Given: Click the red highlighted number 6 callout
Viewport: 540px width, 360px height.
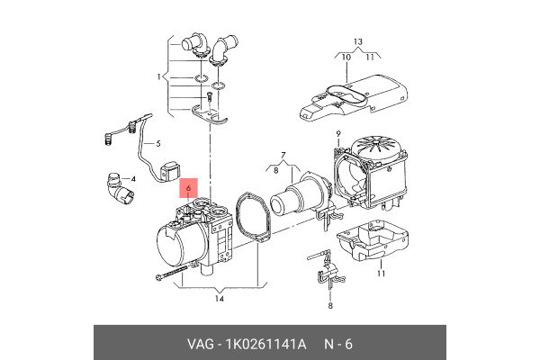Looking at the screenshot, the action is tap(188, 188).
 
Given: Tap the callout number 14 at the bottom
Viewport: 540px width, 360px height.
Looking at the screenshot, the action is tap(219, 299).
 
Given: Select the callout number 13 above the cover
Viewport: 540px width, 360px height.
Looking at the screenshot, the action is tap(358, 41).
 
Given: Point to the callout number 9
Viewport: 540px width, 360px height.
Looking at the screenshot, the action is tap(338, 134).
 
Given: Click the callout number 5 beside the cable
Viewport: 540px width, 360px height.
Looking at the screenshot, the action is tap(158, 143).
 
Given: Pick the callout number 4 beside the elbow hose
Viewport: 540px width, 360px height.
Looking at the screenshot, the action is tap(133, 179).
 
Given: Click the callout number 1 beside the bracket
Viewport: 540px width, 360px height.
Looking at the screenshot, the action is tap(158, 76).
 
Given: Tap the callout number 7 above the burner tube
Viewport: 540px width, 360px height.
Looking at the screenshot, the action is tap(283, 155).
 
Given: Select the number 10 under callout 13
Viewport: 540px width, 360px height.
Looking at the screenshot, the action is tap(346, 58).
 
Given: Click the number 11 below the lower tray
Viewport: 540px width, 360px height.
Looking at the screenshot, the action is tap(381, 274).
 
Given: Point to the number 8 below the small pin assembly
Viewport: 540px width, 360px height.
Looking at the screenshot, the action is tap(330, 306).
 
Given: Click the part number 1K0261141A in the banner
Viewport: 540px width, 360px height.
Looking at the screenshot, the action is tap(265, 344).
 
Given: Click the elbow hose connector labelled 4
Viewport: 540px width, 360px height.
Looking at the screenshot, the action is tap(119, 190).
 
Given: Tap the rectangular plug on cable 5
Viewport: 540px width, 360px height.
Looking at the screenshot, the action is tap(170, 171).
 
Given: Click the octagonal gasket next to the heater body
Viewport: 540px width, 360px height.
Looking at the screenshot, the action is tap(253, 218).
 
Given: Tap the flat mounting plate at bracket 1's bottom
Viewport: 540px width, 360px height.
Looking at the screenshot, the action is tap(210, 116).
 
